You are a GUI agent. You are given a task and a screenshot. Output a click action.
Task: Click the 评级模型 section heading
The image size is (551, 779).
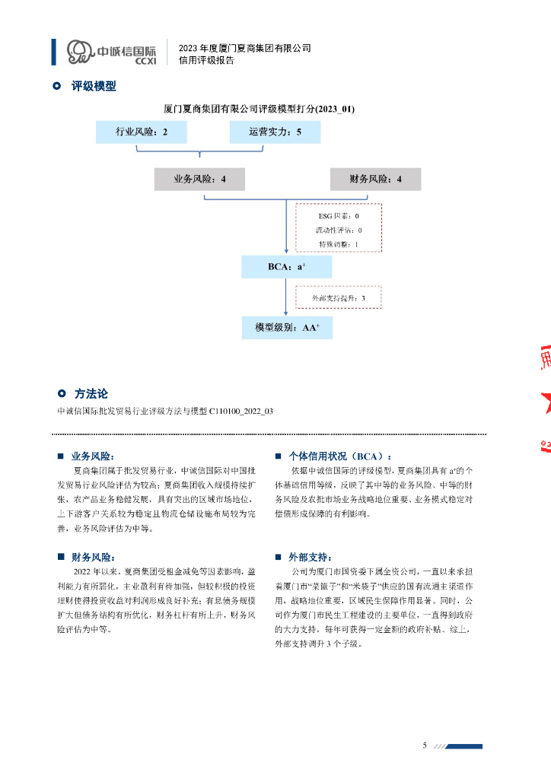pos(94,87)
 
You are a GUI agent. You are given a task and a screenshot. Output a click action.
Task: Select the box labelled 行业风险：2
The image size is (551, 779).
pos(142,132)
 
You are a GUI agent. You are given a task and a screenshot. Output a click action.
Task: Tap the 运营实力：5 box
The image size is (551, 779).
pos(275,132)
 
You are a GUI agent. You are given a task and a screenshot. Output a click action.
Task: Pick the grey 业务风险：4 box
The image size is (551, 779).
pos(199,180)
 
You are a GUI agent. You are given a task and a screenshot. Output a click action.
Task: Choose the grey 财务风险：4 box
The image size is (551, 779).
pos(375,180)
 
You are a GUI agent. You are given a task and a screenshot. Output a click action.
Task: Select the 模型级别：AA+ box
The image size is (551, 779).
pos(286,328)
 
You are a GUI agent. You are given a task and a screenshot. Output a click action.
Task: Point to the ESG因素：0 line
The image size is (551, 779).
pos(338,217)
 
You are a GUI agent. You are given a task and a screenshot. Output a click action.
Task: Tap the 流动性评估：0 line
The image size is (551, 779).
pos(339,231)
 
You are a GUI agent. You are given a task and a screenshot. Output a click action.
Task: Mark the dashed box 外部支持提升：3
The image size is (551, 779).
pos(339,297)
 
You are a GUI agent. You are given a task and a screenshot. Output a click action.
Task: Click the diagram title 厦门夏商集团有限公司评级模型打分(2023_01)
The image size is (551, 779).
pos(260,109)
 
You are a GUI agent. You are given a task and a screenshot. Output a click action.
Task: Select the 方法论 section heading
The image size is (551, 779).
pos(91,394)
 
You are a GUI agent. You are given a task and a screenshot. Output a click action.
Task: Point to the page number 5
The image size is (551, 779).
pos(425,745)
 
